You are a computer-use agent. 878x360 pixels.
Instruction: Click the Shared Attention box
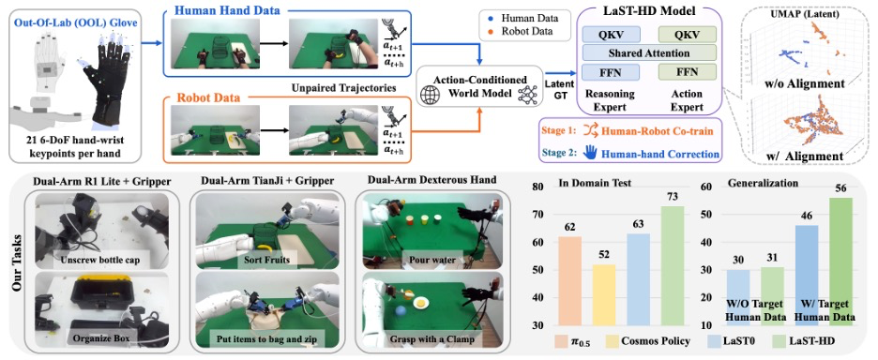[649, 52]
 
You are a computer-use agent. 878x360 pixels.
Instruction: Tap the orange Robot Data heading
[198, 97]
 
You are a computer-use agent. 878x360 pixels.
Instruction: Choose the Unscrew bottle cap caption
[99, 260]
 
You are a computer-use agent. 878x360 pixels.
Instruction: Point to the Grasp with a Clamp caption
[426, 338]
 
